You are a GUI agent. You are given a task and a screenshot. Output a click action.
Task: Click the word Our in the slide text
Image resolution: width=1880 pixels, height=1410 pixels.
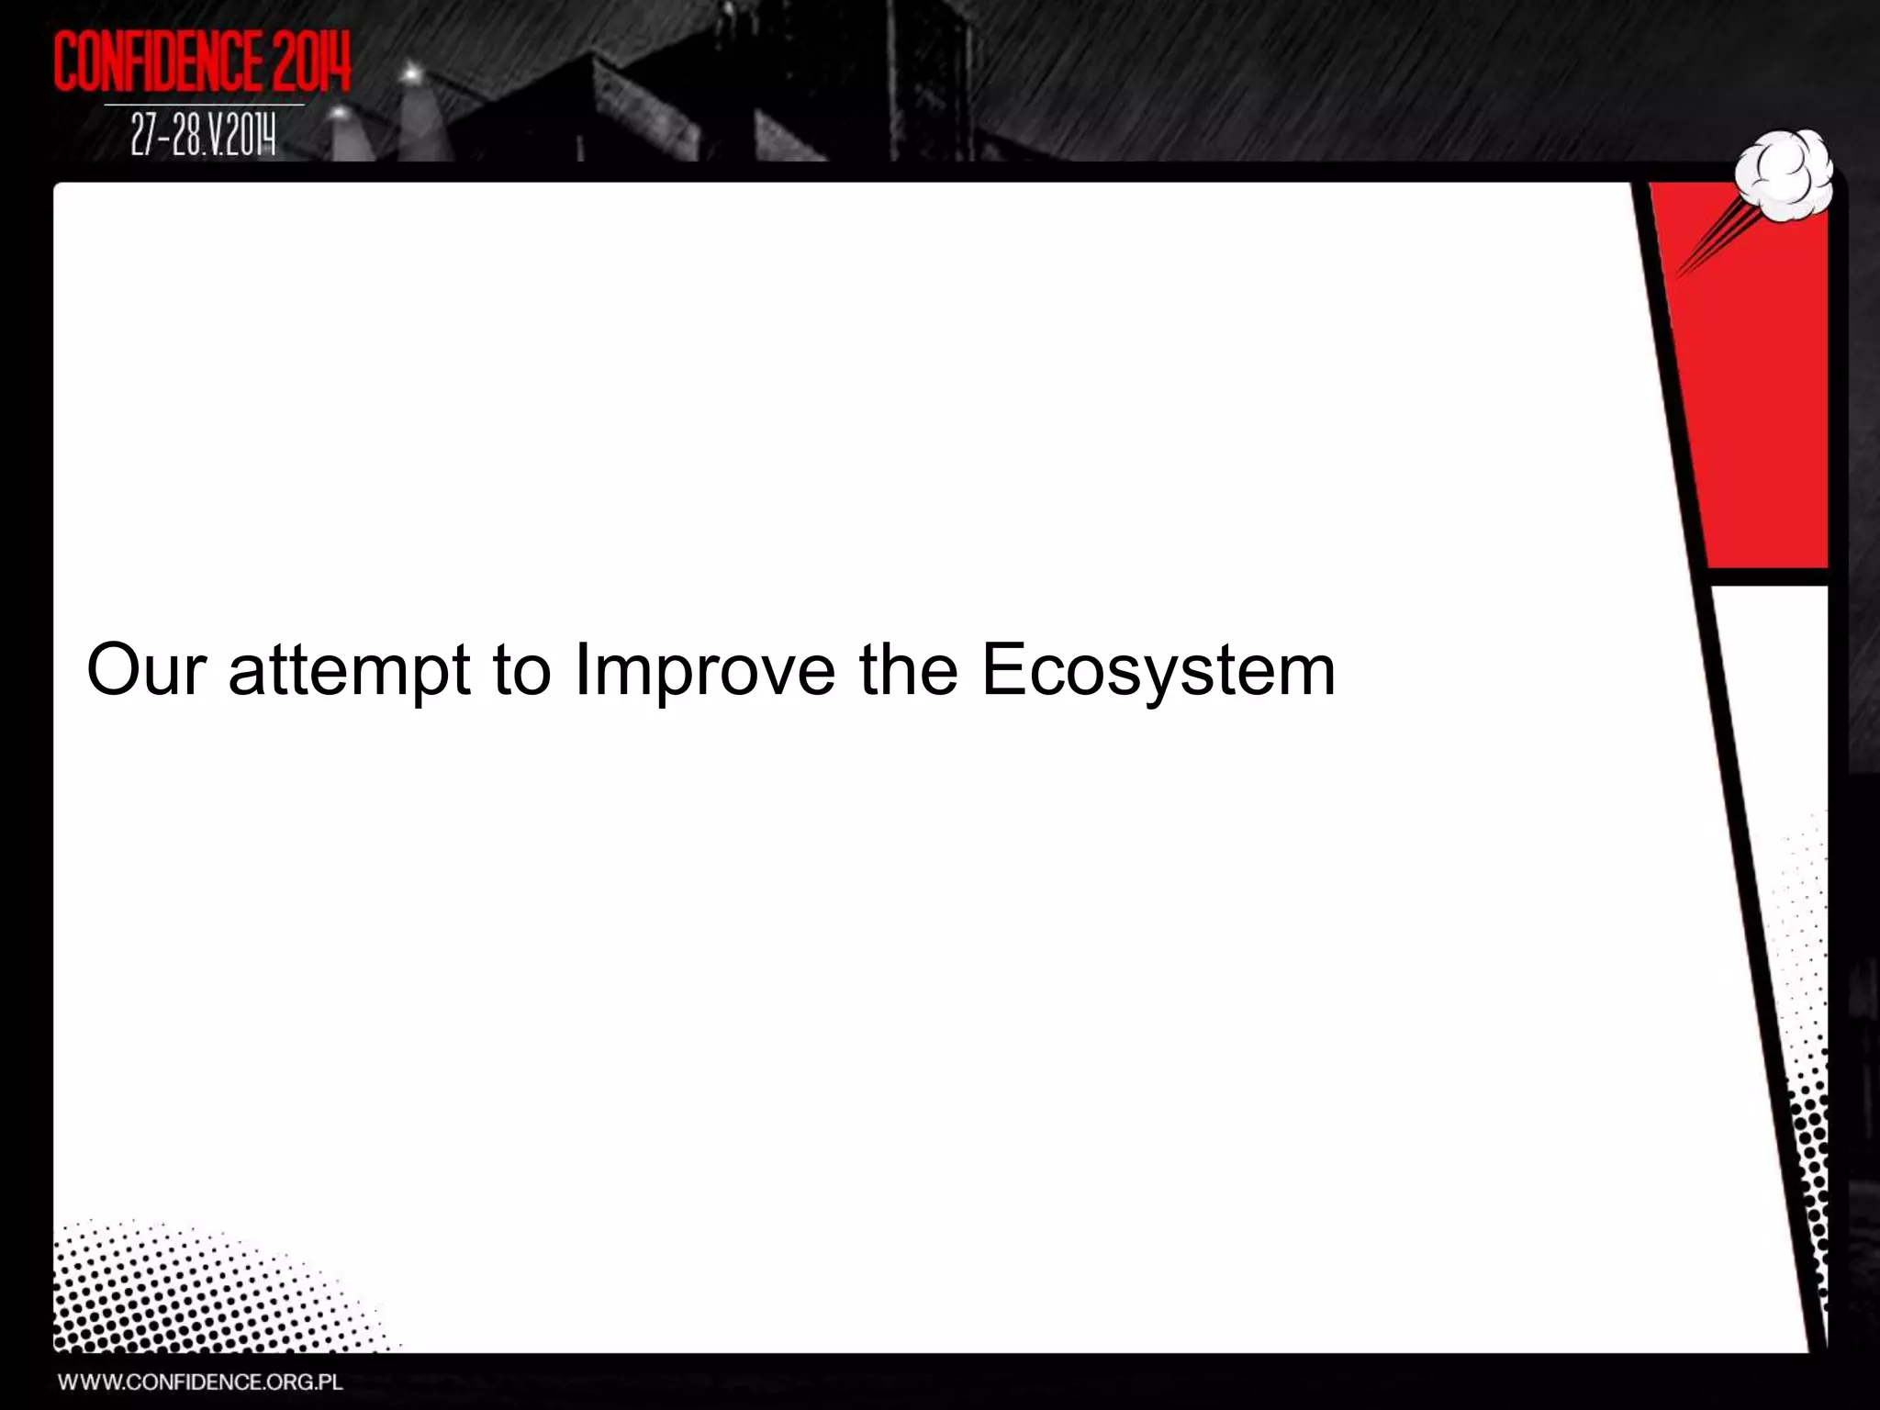(146, 669)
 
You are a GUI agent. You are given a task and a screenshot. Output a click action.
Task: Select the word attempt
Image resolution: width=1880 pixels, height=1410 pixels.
(349, 671)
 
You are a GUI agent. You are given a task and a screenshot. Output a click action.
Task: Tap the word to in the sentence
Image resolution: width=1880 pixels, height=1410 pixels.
(521, 669)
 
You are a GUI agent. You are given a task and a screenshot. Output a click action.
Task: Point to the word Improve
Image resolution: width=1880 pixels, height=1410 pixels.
(704, 671)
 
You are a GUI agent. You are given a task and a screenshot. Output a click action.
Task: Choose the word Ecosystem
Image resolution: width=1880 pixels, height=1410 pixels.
(1158, 671)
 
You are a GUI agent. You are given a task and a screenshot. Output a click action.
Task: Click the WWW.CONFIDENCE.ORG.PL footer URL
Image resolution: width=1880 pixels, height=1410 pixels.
(200, 1382)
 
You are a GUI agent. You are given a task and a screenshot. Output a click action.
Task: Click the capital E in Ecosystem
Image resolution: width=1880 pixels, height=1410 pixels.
(1002, 669)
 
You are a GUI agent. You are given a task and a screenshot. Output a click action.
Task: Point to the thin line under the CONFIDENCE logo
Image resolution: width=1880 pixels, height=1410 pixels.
(203, 105)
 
